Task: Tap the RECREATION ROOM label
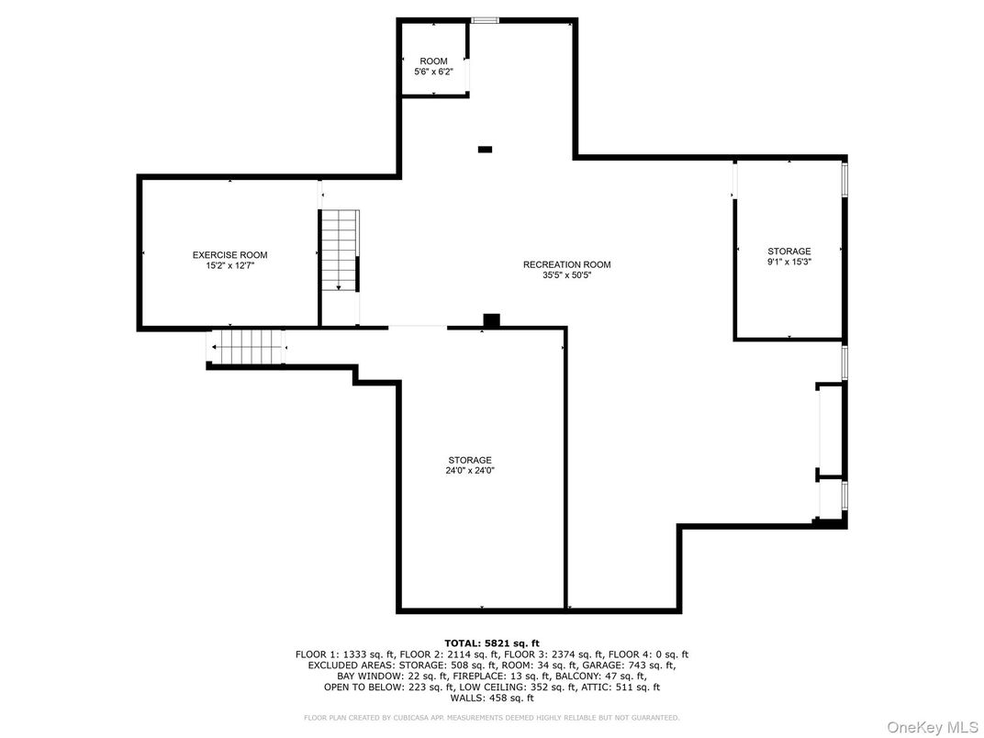tap(566, 264)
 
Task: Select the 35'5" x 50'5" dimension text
tap(566, 274)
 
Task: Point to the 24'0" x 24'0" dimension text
tap(470, 470)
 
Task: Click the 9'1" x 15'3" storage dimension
tap(788, 261)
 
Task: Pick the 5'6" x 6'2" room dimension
tap(433, 71)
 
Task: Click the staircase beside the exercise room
tap(339, 250)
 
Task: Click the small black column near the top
tap(485, 150)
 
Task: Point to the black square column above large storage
tap(491, 319)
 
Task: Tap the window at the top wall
tap(485, 20)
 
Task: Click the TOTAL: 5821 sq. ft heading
tap(491, 643)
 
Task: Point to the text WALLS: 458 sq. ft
tap(491, 698)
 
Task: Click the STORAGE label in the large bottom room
tap(470, 460)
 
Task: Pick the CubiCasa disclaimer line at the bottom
tap(491, 717)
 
